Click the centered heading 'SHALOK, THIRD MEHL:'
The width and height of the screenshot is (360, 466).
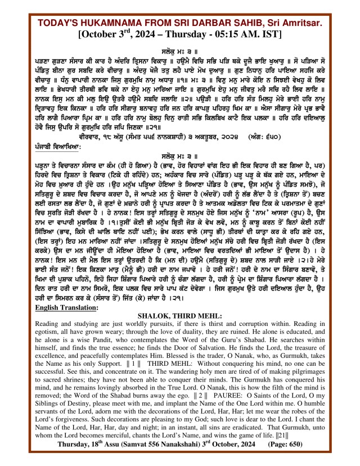[180, 316]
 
